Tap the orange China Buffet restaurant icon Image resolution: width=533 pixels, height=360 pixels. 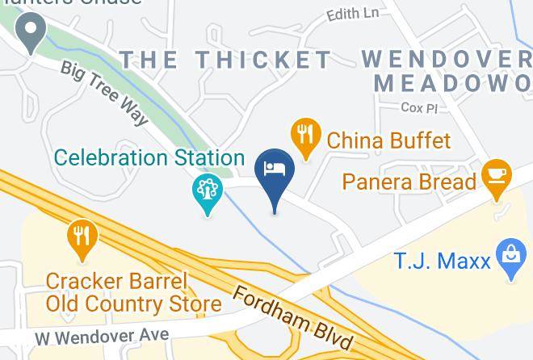(x=304, y=135)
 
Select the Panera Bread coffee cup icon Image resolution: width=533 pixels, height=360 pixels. (x=494, y=174)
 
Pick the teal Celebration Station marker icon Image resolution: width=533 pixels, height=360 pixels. (x=208, y=192)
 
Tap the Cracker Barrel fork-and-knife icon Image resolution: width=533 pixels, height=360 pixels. (x=82, y=237)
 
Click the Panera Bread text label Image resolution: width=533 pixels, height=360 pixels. (x=409, y=181)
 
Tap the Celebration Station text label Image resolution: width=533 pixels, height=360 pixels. (x=149, y=157)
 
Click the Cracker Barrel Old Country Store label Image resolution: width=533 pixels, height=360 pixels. (x=133, y=293)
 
